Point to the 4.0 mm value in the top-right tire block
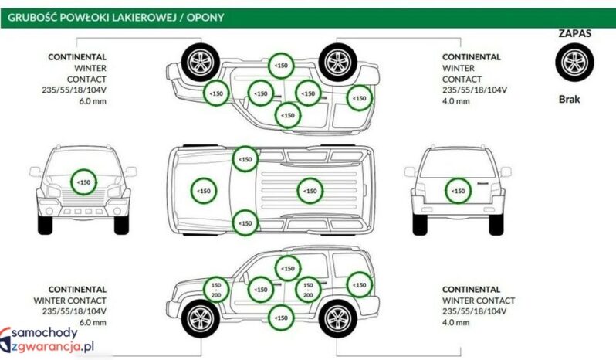456,100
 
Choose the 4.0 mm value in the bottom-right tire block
456,322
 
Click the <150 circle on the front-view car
83,182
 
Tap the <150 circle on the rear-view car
458,190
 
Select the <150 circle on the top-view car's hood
204,190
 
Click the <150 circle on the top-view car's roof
310,190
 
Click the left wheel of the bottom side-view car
200,317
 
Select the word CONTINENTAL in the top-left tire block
77,57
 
